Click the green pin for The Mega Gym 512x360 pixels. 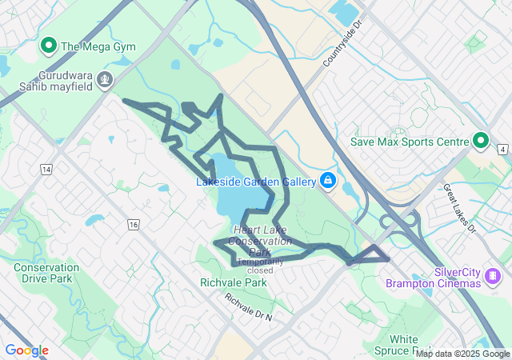pos(48,46)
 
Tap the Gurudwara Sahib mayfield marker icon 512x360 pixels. pos(105,79)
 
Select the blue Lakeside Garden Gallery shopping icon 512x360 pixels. pos(327,181)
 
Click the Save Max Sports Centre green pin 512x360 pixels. pos(481,142)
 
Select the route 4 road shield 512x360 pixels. pos(502,149)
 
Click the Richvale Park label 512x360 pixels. pos(234,283)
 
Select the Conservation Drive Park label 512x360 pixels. pos(46,273)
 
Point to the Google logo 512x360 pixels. pos(26,350)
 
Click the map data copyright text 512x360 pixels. pos(462,354)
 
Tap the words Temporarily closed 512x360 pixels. pos(260,266)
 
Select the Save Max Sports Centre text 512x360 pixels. pos(410,142)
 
